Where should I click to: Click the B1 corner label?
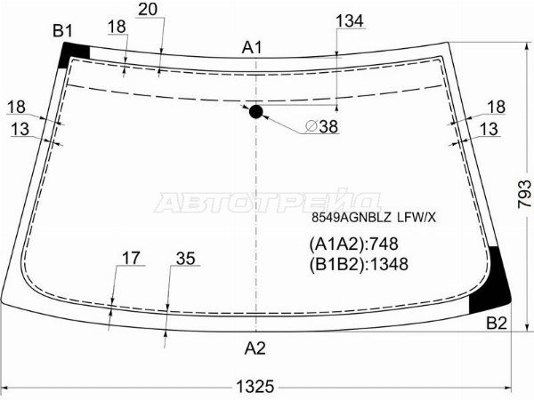click(62, 31)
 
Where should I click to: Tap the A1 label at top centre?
click(252, 47)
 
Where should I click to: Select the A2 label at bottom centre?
click(255, 348)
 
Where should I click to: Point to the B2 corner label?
click(497, 323)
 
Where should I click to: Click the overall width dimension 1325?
click(255, 387)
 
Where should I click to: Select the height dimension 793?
click(524, 194)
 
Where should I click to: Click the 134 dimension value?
click(350, 20)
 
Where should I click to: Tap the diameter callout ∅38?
click(321, 126)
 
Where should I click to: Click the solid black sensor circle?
click(255, 112)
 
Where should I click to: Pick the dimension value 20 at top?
click(148, 9)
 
